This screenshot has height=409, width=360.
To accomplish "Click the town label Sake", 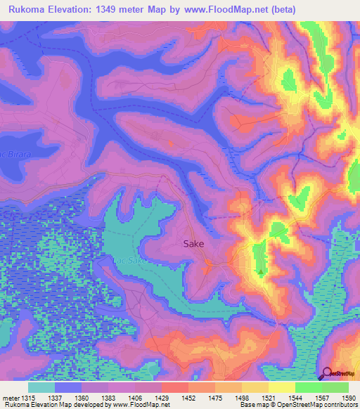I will pos(193,244).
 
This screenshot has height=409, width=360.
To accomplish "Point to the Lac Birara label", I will pos(12,154).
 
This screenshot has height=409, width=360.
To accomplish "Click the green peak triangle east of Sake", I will pos(262,272).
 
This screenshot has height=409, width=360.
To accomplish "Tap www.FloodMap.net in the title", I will pos(224,9).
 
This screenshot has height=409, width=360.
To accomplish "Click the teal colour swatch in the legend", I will pos(41,387).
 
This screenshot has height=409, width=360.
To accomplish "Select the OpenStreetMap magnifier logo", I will pos(326,373).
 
